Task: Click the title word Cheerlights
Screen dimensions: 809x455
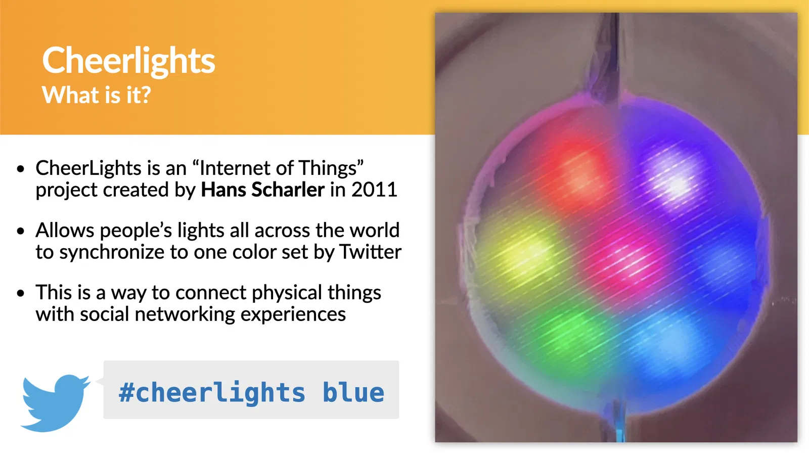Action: coord(128,61)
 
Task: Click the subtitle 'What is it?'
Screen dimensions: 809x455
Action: coord(97,95)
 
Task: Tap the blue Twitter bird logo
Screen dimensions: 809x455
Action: coord(55,402)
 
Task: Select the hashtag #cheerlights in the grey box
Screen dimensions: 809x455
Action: coord(212,393)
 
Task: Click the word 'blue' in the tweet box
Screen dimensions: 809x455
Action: coord(353,392)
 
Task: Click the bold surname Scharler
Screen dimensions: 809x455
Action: coord(288,190)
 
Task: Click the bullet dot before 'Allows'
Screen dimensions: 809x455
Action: coord(21,231)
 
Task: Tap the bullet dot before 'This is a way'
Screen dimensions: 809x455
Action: coord(21,293)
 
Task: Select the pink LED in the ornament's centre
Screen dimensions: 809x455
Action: coord(626,262)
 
